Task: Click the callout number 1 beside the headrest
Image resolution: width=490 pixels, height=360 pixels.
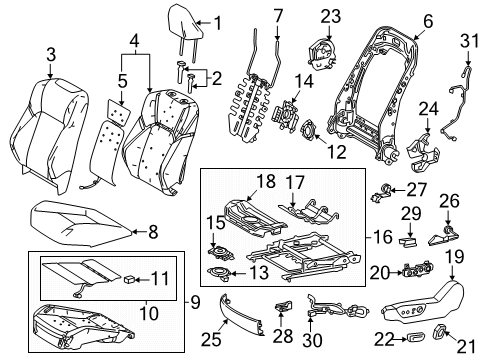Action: (218, 23)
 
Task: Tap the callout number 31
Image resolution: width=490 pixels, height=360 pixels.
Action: (470, 41)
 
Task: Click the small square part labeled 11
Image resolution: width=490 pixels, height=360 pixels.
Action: (129, 279)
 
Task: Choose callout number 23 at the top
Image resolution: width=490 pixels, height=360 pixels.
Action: (331, 16)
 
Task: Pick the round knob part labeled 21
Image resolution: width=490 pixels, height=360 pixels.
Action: (440, 332)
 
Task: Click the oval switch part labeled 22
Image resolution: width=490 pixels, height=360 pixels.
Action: (415, 339)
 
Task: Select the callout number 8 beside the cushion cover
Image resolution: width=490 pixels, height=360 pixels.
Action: (153, 231)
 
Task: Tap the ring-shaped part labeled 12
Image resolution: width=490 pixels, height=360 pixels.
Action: (309, 130)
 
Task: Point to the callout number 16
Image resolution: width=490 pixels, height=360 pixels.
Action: (383, 237)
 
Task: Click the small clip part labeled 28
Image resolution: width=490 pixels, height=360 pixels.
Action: (283, 306)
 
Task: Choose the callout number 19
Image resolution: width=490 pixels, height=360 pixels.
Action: (455, 257)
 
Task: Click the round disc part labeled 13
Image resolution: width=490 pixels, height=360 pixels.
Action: (219, 272)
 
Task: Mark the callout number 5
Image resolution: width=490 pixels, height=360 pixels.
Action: (122, 81)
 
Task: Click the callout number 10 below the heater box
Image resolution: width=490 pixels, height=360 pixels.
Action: (149, 313)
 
